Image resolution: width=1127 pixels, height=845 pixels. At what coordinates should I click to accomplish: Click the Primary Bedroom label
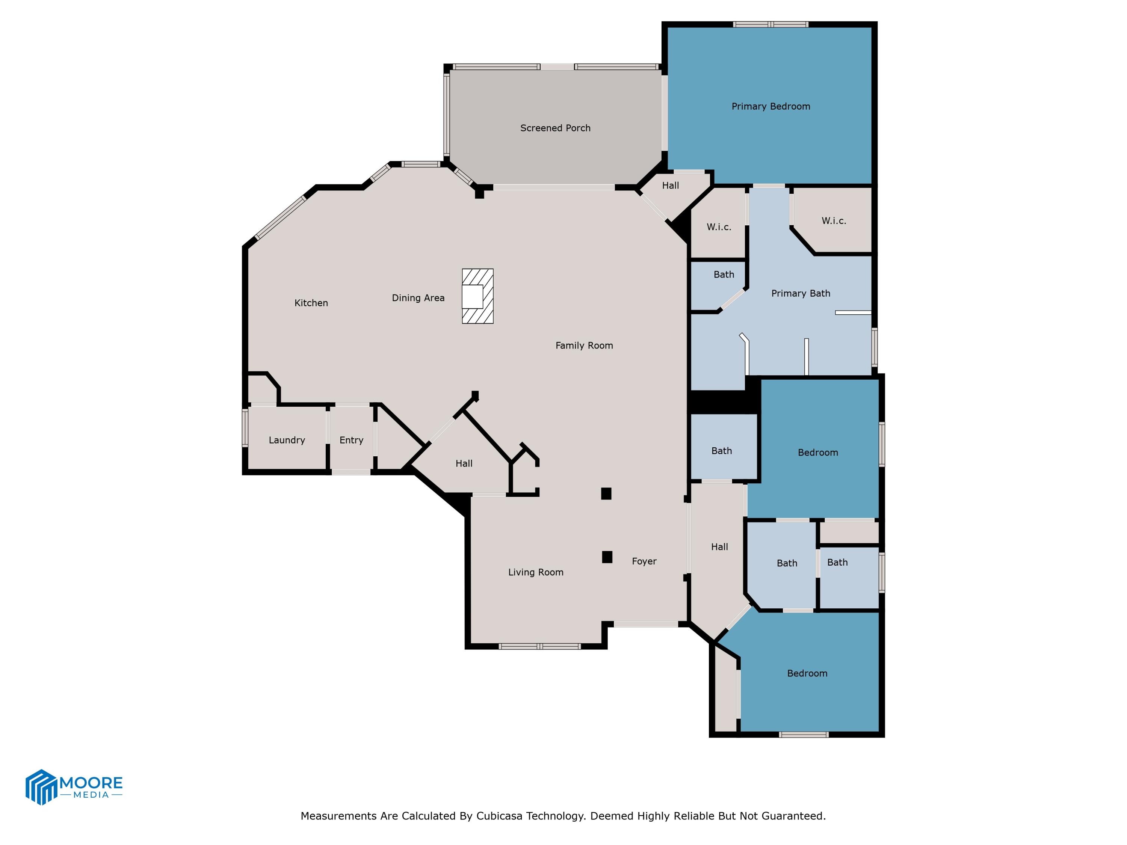[770, 106]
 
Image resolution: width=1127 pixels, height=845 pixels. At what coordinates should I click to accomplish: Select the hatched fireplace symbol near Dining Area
[477, 296]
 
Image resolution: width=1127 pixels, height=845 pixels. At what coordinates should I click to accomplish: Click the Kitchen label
[311, 303]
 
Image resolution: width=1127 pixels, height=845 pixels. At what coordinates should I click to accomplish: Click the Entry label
[351, 440]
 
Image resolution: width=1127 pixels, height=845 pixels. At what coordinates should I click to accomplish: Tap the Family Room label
[584, 346]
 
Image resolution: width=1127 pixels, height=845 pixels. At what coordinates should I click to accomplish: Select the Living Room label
[535, 572]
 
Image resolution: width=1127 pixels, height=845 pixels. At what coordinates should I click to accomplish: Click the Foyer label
[644, 561]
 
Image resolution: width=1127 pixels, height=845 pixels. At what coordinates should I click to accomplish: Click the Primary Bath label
[801, 293]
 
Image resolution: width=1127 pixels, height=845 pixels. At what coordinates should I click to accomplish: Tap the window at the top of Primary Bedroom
[770, 24]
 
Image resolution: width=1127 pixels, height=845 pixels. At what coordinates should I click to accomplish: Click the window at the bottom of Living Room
[539, 646]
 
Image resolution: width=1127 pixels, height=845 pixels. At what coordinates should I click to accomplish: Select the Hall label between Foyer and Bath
[719, 547]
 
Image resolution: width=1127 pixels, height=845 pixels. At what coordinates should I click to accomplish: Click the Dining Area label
[418, 298]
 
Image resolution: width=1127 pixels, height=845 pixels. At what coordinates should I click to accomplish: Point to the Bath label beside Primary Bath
[724, 275]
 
